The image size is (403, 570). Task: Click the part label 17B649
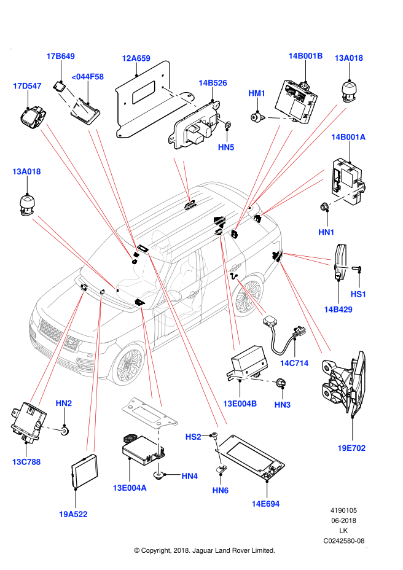60,57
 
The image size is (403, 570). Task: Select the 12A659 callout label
136,58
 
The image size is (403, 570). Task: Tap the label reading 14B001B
305,56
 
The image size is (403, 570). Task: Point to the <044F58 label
87,77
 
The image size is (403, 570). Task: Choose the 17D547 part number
27,86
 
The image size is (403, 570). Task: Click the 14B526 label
213,83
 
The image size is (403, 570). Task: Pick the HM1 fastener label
257,93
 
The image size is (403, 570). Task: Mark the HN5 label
226,147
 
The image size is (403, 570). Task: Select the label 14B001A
348,137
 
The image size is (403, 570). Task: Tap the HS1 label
358,294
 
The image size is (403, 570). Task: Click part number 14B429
338,310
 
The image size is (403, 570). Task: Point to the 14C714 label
294,363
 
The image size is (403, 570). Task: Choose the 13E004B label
240,404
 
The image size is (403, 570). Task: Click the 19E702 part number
351,448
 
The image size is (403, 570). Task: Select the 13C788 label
26,462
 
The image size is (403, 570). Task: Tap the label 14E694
265,504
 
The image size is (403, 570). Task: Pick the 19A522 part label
73,514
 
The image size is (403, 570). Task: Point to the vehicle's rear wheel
248,297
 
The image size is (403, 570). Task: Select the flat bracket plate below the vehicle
149,413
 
